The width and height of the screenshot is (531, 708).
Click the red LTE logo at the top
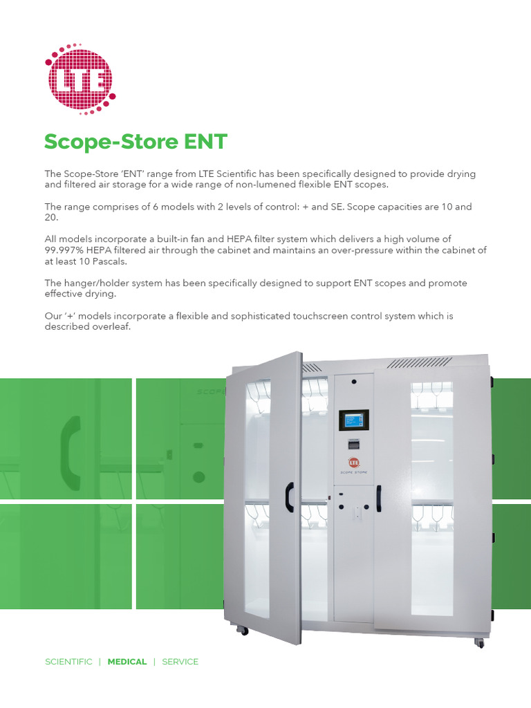pyautogui.click(x=80, y=78)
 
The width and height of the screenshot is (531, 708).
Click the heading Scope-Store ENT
pyautogui.click(x=136, y=142)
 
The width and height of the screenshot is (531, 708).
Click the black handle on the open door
pyautogui.click(x=290, y=497)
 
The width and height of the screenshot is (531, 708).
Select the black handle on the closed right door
pyautogui.click(x=378, y=499)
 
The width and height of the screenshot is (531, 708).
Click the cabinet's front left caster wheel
pyautogui.click(x=243, y=630)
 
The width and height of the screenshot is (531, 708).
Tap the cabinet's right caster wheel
pyautogui.click(x=479, y=643)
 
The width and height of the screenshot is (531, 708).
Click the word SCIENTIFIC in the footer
pyautogui.click(x=68, y=662)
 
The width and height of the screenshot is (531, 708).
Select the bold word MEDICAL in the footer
pyautogui.click(x=127, y=662)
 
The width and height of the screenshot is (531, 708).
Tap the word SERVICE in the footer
pyautogui.click(x=180, y=662)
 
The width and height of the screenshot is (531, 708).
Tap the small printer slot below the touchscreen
pyautogui.click(x=354, y=445)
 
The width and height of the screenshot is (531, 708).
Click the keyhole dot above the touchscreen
pyautogui.click(x=354, y=382)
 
